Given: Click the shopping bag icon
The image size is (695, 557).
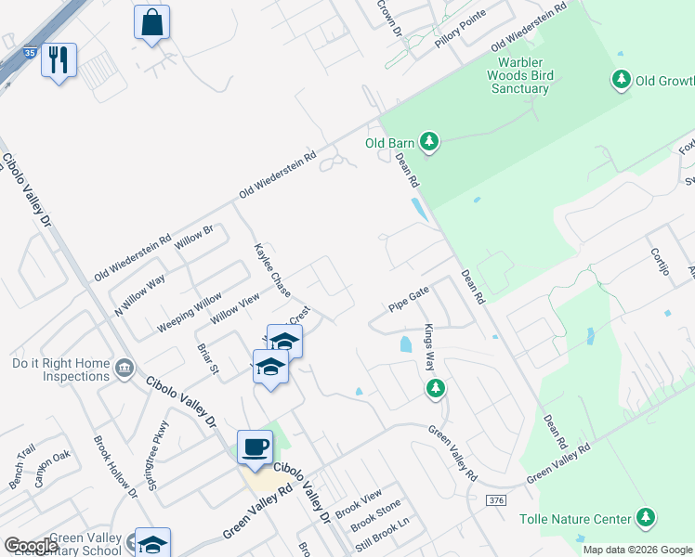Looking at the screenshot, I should [151, 21].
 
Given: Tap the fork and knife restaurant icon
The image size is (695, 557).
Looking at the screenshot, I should [59, 60].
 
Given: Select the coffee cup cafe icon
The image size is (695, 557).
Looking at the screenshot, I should [255, 447].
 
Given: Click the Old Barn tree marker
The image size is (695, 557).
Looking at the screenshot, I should [428, 142].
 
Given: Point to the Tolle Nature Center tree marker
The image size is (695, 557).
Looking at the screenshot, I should [647, 518].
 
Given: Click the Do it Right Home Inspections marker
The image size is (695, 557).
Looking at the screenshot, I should [123, 369].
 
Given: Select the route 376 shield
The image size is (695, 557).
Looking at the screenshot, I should [496, 500].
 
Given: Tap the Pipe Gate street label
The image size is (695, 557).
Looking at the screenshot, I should [409, 299].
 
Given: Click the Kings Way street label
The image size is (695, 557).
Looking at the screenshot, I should [430, 347].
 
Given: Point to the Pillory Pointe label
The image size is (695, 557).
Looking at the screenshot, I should [454, 42].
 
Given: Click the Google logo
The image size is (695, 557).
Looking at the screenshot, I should [31, 546].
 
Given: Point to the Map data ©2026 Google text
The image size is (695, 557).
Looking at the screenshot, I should [637, 550].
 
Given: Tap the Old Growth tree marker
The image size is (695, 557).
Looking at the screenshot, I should [622, 80].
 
